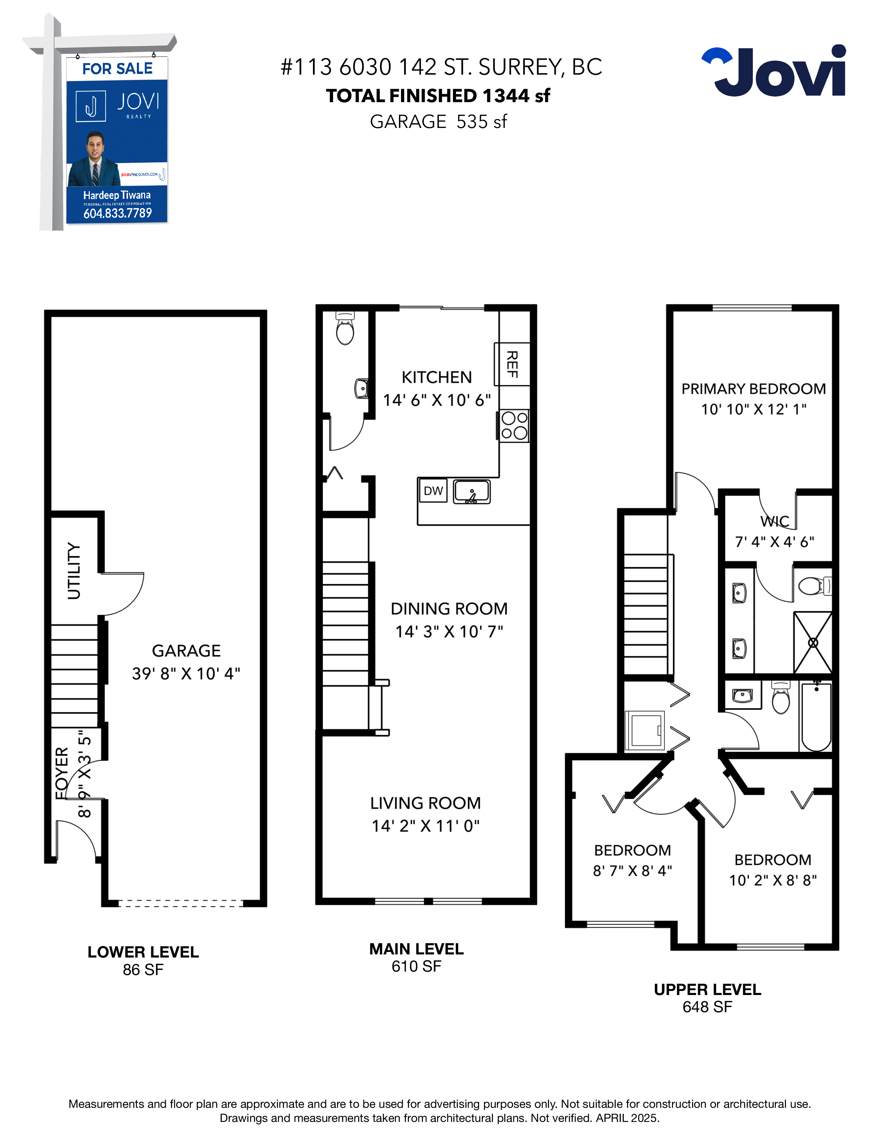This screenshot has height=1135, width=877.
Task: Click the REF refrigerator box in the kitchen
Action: tap(512, 364)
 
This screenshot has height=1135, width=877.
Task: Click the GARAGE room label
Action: tap(186, 651)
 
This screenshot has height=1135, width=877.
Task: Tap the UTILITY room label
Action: tap(74, 571)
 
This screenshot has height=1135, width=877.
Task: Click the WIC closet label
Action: tap(775, 521)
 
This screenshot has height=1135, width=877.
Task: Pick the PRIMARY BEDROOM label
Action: tap(753, 389)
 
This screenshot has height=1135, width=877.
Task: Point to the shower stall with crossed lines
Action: tap(813, 643)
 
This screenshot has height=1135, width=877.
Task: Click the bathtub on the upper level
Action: tap(816, 717)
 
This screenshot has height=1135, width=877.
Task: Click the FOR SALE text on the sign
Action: tap(117, 68)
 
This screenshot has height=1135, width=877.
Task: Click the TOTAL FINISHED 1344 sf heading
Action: tap(438, 96)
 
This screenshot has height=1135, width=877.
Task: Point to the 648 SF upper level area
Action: tap(707, 1007)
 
